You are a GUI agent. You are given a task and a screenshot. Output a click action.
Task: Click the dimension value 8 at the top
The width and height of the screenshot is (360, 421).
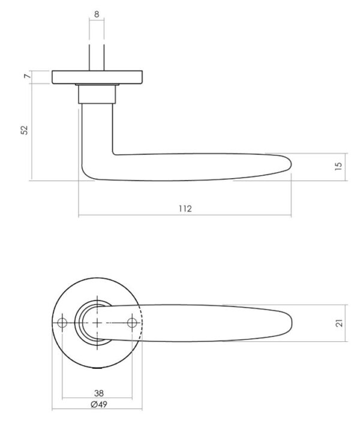97,14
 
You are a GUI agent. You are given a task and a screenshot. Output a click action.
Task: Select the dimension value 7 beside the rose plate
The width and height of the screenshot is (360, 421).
27,76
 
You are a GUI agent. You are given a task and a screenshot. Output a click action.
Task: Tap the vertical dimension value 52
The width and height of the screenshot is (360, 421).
25,130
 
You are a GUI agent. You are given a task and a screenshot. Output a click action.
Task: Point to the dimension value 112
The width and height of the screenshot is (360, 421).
185,209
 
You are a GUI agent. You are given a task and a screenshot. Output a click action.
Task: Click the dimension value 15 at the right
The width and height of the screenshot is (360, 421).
339,166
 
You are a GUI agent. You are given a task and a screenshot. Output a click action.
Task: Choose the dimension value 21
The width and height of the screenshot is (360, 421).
340,323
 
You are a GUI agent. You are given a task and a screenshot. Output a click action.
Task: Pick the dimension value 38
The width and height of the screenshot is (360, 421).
99,393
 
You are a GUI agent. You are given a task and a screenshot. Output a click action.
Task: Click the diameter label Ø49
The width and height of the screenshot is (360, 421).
99,404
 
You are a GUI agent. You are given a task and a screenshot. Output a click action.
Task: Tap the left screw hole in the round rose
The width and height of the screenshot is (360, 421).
62,323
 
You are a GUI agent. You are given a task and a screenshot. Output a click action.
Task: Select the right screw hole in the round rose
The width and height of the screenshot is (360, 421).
132,323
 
